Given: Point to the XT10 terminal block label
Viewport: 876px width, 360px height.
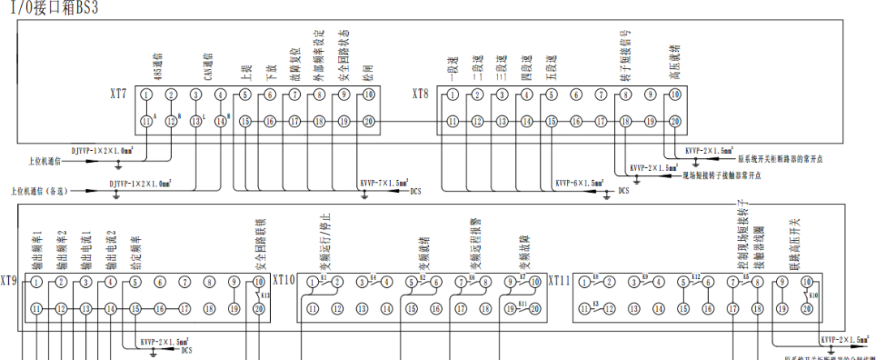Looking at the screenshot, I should (x=286, y=281).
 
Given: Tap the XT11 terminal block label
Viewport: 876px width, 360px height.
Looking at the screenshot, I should (x=560, y=281).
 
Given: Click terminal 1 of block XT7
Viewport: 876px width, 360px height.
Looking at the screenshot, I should (x=146, y=96).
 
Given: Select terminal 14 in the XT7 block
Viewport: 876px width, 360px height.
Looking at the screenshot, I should (x=221, y=122).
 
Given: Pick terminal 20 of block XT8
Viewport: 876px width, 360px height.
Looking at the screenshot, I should (x=674, y=122).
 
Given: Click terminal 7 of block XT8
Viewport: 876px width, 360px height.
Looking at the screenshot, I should (x=600, y=96).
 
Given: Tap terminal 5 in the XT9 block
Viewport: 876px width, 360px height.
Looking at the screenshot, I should (x=135, y=282).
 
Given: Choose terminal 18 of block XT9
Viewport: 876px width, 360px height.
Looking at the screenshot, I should (x=209, y=309).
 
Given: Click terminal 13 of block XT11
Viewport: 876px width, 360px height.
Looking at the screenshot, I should (x=633, y=309).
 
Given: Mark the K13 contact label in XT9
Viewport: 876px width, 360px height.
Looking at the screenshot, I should (x=266, y=295).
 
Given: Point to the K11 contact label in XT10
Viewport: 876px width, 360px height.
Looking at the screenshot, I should (x=523, y=302).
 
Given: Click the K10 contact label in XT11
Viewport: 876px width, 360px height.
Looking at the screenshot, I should (x=814, y=295).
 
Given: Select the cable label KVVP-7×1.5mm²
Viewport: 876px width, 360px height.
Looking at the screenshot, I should (x=384, y=185).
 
